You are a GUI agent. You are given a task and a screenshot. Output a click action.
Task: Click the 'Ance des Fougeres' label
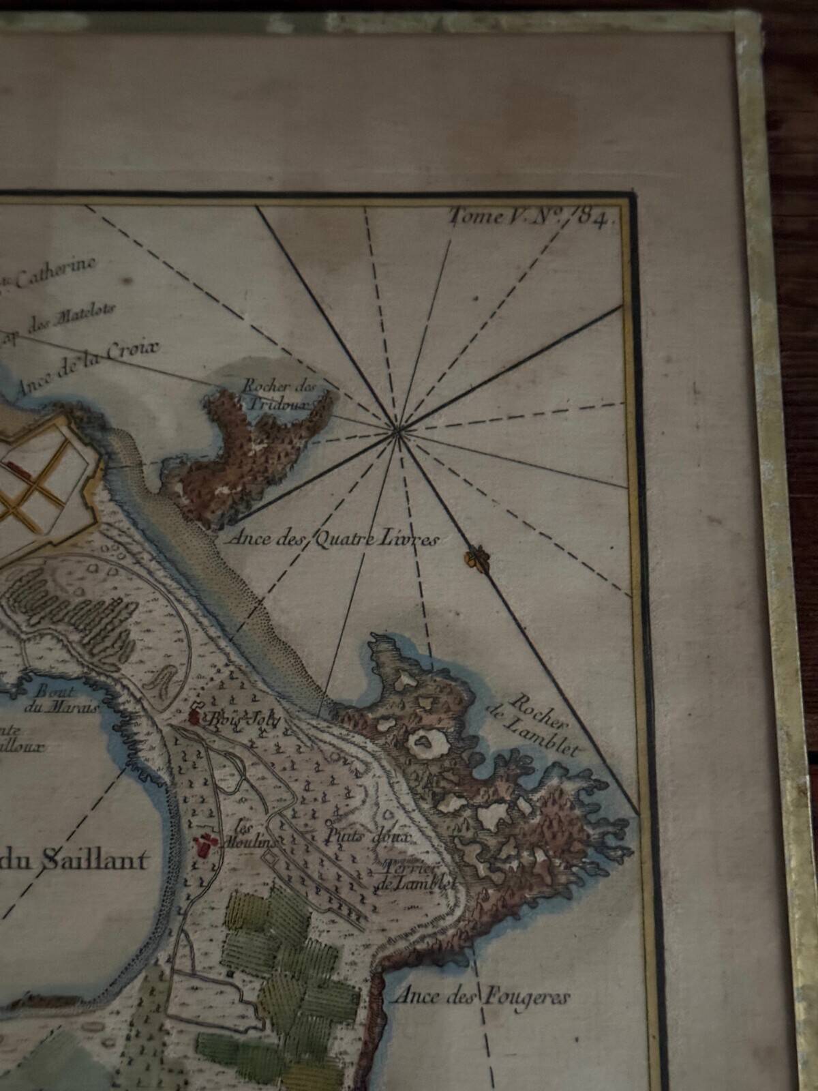(x=480, y=998)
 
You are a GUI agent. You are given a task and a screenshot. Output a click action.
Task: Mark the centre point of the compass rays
(x=398, y=429)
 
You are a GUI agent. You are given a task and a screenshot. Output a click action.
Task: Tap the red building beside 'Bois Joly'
(x=194, y=716)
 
